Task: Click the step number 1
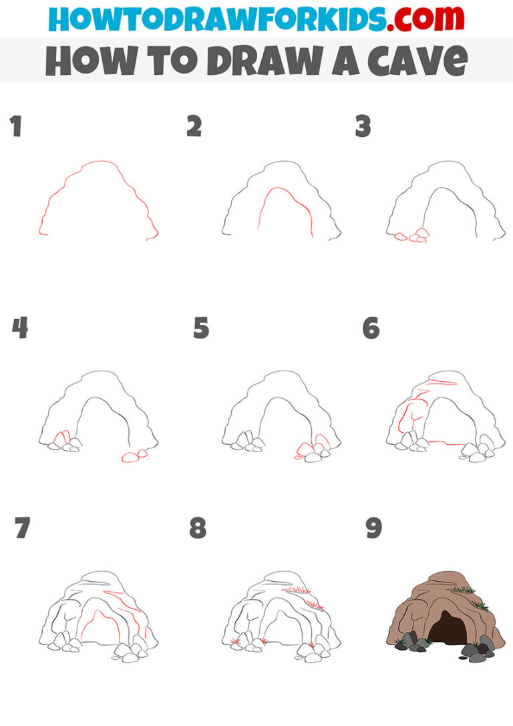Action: [x=15, y=127]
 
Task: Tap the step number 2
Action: [x=194, y=126]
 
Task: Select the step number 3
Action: [x=363, y=126]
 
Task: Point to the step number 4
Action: [x=19, y=328]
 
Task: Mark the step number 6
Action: [x=371, y=328]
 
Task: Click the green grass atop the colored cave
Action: [x=462, y=589]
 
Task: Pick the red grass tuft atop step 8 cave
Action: [x=295, y=589]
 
